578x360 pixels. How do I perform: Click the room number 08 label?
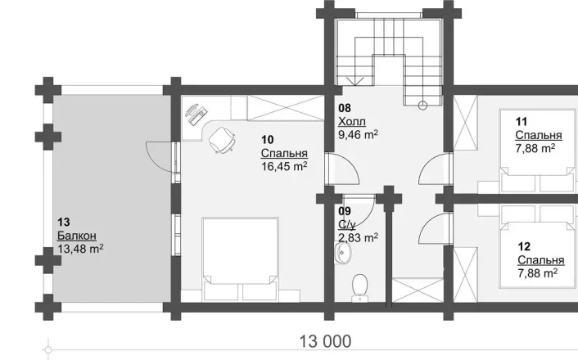(345, 108)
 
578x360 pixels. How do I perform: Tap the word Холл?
(352, 122)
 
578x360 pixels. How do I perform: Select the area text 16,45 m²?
(284, 167)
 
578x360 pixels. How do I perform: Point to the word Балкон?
(77, 236)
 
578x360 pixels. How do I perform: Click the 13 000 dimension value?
(325, 341)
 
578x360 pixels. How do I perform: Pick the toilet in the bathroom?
(359, 287)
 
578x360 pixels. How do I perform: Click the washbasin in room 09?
(343, 253)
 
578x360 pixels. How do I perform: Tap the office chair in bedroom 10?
(222, 140)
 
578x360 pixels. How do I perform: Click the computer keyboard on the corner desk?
(198, 115)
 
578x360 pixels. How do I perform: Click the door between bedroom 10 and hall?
(343, 169)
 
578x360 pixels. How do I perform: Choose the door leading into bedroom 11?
(435, 169)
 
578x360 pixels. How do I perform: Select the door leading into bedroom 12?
(435, 228)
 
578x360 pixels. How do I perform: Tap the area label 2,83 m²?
(358, 237)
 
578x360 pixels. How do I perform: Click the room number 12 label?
(524, 246)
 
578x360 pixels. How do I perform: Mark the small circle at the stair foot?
(422, 106)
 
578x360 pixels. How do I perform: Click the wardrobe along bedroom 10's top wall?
(286, 108)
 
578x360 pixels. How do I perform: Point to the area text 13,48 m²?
(80, 249)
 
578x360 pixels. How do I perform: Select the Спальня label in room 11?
(539, 135)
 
